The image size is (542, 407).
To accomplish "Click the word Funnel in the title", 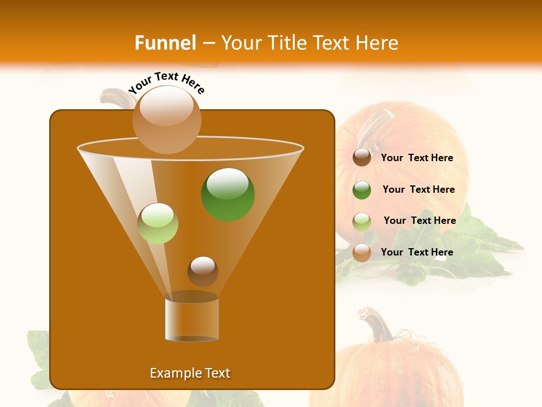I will click(165, 43).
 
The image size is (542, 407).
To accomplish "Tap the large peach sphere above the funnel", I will click(167, 119).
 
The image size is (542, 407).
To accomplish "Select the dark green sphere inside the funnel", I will click(228, 194).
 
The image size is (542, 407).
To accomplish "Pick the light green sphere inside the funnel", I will click(158, 223).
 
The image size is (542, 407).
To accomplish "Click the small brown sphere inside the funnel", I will click(203, 271).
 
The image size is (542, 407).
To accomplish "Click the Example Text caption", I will click(190, 373).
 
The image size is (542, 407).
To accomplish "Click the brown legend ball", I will click(362, 157).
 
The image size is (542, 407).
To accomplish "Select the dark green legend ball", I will click(362, 190).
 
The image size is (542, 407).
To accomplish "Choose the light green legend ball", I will click(362, 222).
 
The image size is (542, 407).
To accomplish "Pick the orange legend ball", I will click(362, 253).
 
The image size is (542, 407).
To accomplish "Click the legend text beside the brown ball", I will click(417, 158).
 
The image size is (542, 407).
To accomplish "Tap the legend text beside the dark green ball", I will click(418, 190).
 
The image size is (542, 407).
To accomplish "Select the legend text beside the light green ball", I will click(419, 221).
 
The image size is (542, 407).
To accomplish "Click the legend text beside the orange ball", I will click(417, 252).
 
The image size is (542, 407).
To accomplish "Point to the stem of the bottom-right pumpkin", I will click(376, 324).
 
